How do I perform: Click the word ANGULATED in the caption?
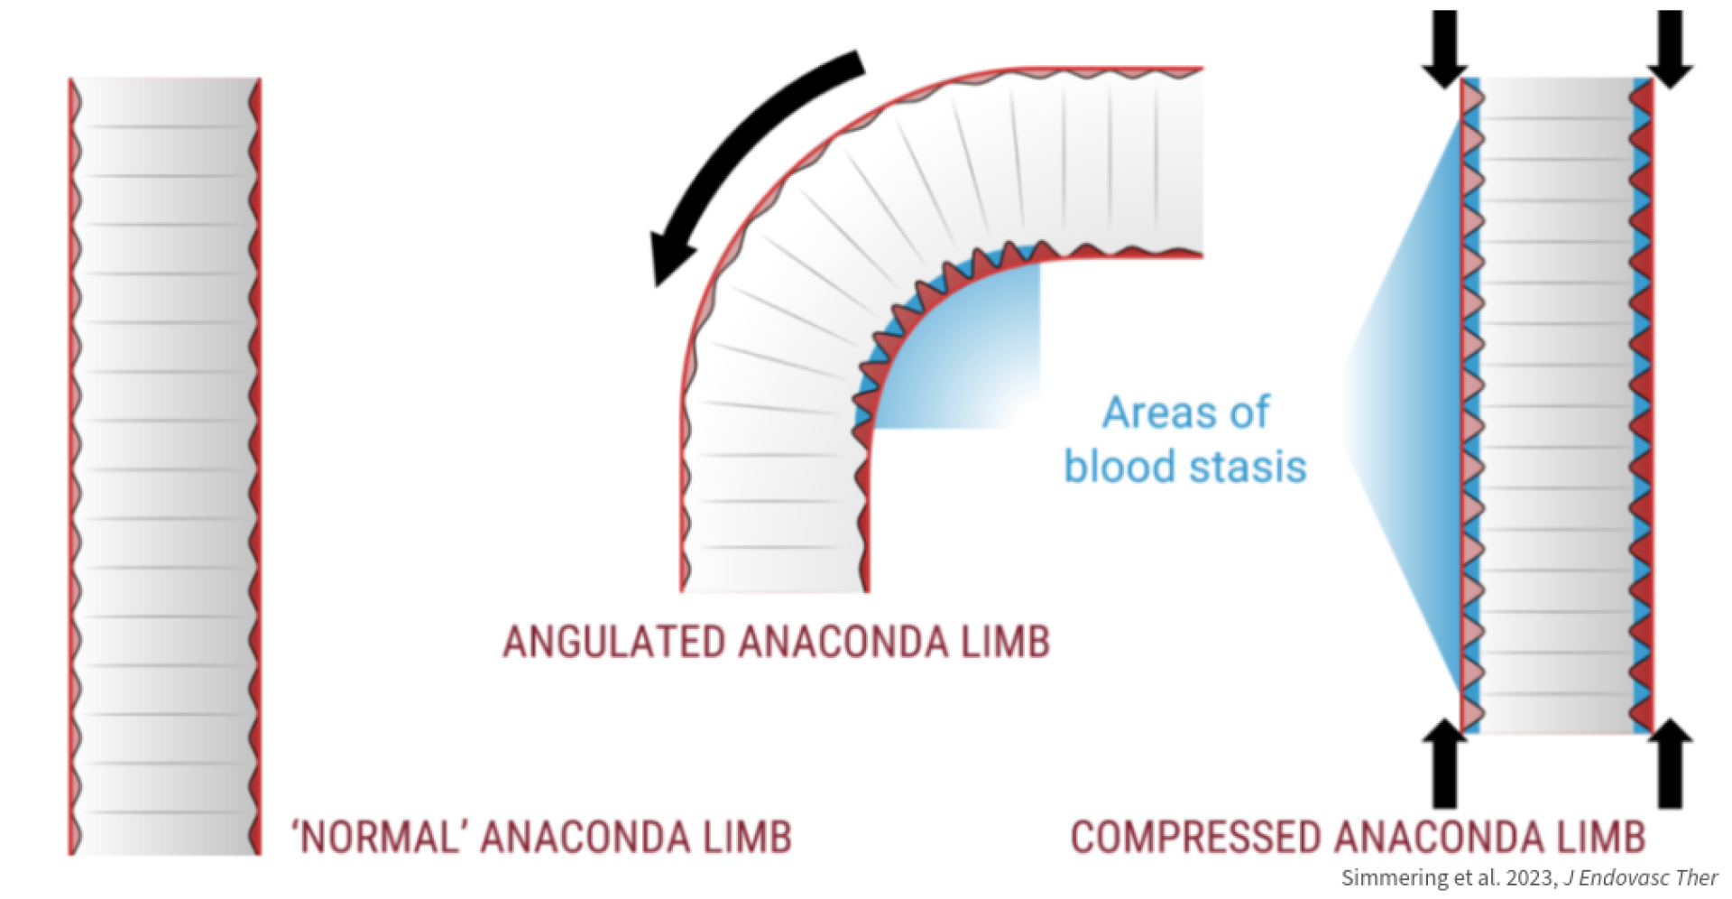[x=613, y=643]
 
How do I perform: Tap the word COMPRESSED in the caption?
[x=1196, y=838]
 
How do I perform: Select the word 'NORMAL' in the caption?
[x=378, y=838]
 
